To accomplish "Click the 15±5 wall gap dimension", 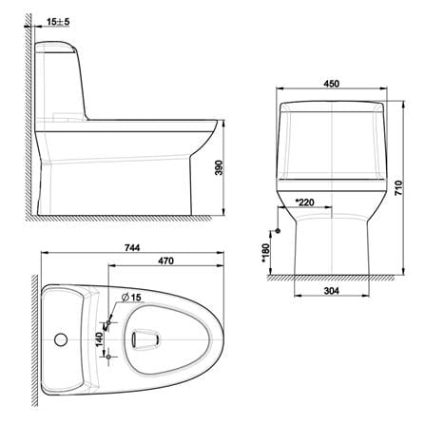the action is click(x=58, y=22).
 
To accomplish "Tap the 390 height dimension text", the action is click(x=220, y=167).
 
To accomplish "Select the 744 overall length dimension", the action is click(x=132, y=247).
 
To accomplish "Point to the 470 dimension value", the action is click(x=165, y=261).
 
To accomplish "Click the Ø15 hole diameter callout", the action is click(x=131, y=298).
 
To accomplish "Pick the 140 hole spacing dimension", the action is click(x=99, y=339).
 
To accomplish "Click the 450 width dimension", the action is click(x=332, y=84).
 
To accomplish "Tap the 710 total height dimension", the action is click(x=398, y=187).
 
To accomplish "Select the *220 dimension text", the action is click(x=304, y=202).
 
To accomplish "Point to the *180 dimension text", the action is click(x=265, y=253).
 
